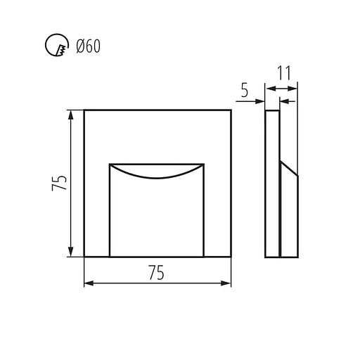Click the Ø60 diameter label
(89, 46)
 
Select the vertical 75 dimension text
(59, 183)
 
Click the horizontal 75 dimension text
(156, 273)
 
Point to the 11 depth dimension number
(284, 73)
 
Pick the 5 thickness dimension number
(244, 90)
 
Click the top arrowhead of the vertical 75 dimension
(70, 115)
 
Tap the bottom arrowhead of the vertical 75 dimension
(70, 252)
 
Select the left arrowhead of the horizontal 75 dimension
(89, 283)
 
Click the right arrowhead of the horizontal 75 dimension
(226, 283)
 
